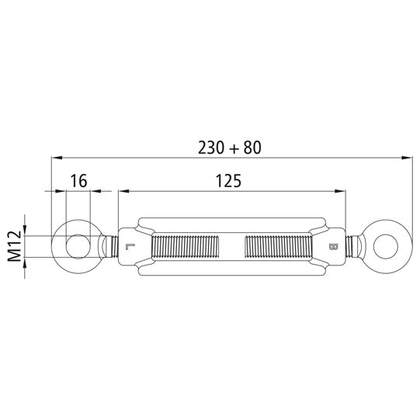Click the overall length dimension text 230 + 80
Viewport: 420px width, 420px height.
click(x=230, y=146)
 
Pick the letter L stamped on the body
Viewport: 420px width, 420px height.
click(x=128, y=248)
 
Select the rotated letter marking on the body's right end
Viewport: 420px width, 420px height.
click(x=332, y=248)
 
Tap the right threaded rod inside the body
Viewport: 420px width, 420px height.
click(x=277, y=248)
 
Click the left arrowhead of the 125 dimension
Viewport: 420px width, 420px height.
click(x=122, y=191)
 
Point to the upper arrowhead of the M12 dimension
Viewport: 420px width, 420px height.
click(x=26, y=230)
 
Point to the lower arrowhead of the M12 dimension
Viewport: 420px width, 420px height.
click(x=26, y=264)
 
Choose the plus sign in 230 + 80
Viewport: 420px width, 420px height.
click(x=231, y=147)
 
